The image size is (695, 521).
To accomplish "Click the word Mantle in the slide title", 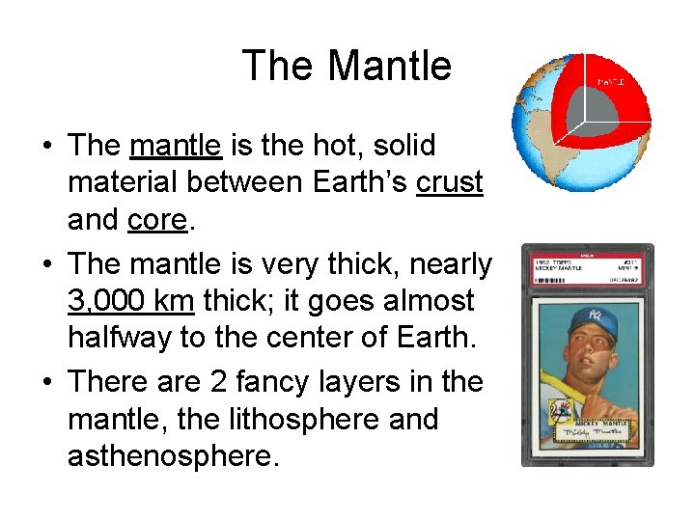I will (389, 66).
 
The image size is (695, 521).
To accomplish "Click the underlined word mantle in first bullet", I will (176, 146).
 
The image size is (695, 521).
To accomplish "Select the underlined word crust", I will (449, 183).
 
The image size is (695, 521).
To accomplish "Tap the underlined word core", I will (156, 221).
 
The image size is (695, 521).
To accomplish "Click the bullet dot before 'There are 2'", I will (47, 382).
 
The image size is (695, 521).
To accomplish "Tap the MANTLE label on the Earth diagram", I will (610, 83).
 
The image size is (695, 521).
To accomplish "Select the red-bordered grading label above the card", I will (587, 267).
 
